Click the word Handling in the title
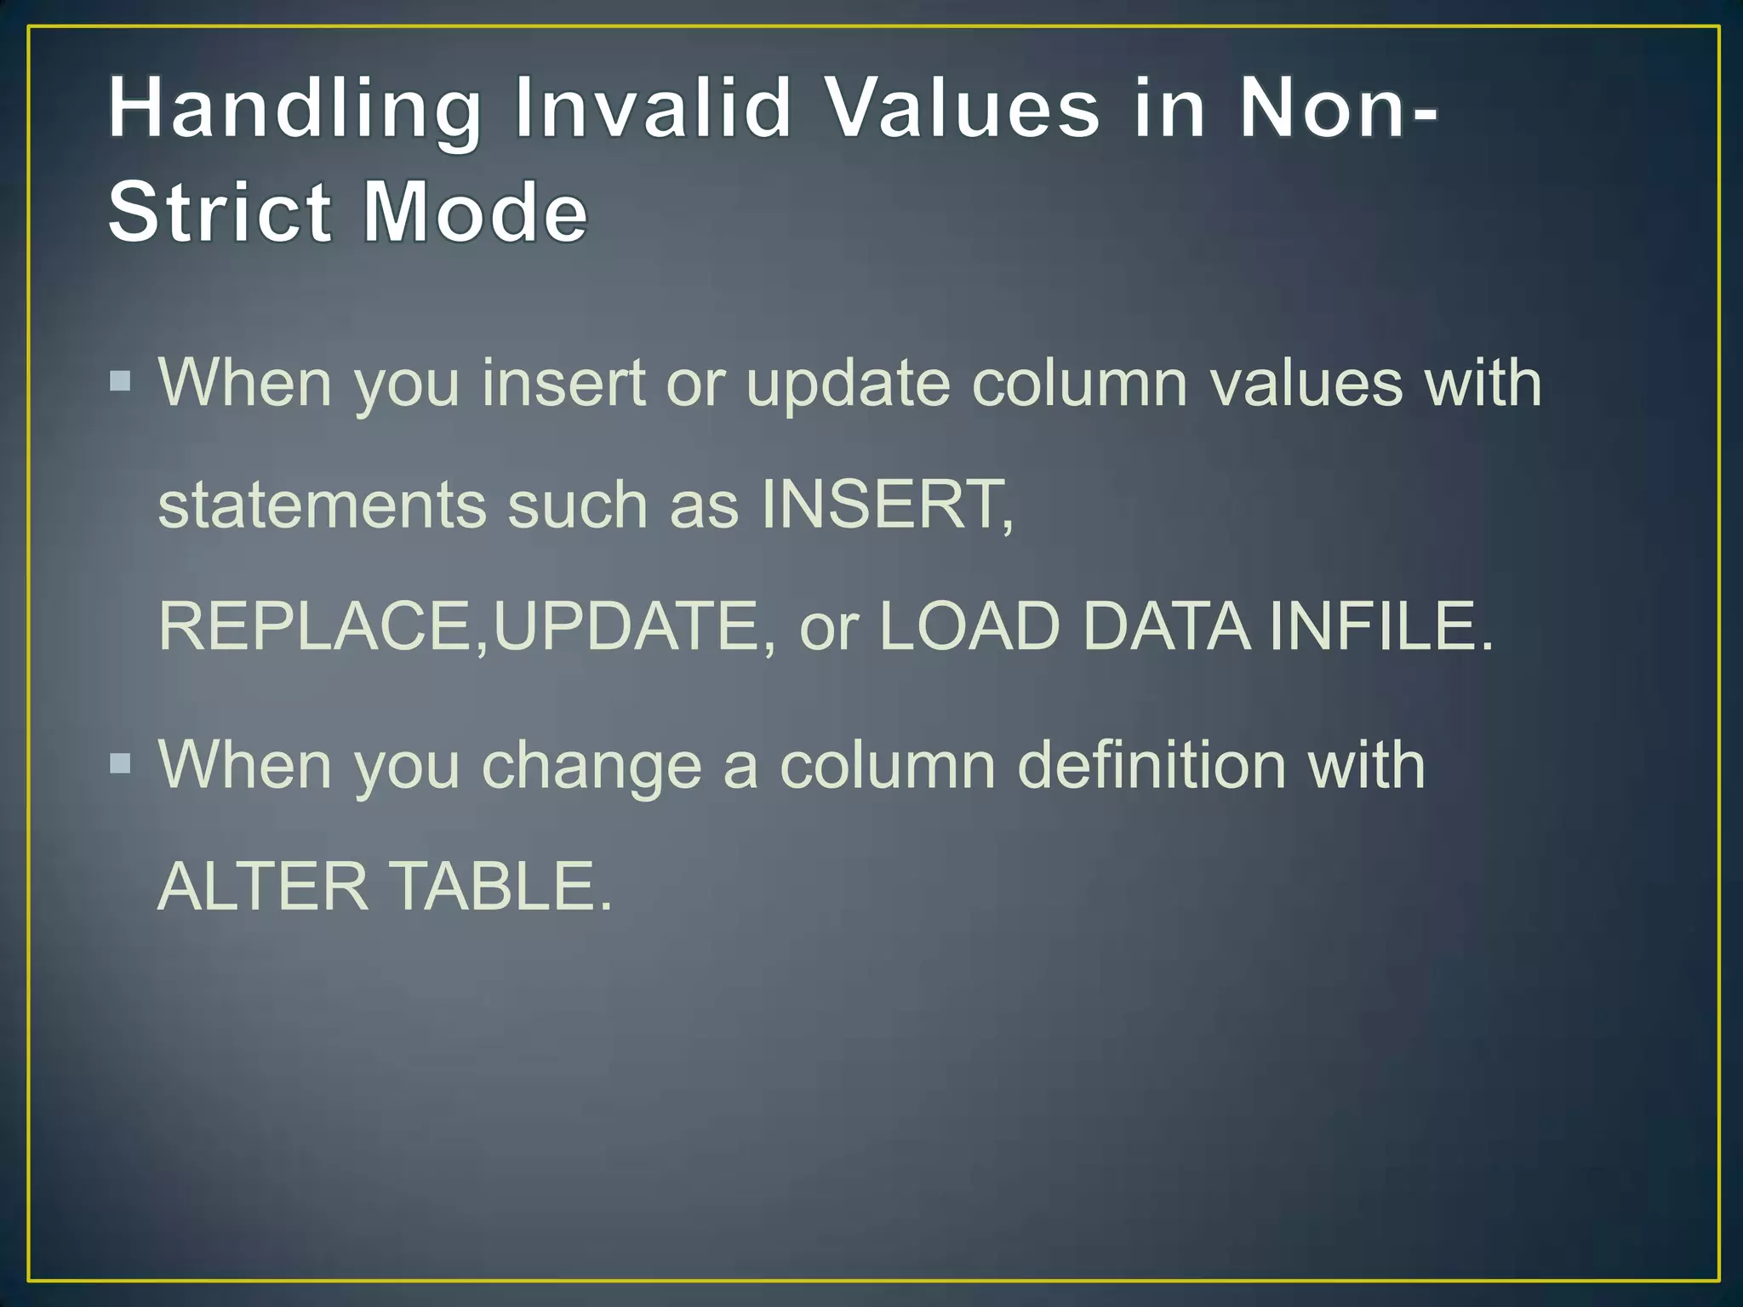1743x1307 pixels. (x=294, y=110)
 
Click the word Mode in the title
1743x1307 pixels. (x=475, y=212)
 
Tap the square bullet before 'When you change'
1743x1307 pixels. (x=121, y=762)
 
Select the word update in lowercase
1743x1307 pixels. (x=848, y=384)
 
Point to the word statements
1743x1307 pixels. (x=322, y=505)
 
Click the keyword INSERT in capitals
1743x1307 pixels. (x=886, y=505)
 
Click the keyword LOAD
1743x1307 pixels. (x=969, y=626)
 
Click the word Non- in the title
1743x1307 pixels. (x=1337, y=108)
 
